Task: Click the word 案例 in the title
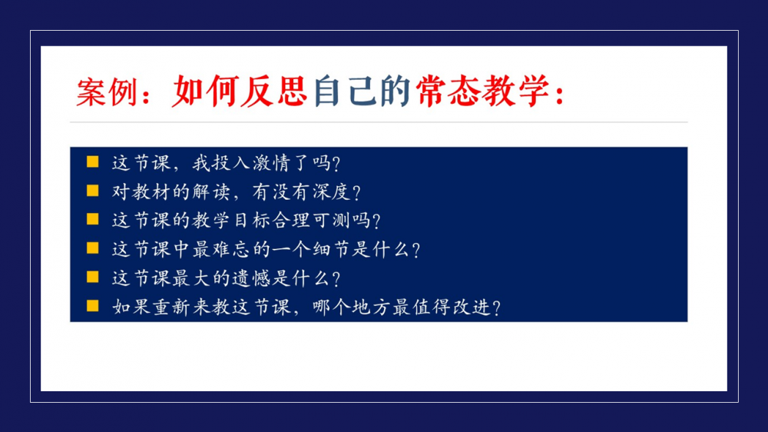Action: [107, 91]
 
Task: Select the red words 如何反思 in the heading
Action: [240, 91]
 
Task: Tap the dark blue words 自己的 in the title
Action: [362, 91]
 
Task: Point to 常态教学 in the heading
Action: [482, 91]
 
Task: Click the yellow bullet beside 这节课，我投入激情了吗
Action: [93, 162]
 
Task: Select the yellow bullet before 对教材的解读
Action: [93, 191]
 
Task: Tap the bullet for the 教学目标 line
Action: [93, 219]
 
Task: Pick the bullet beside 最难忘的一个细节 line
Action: [93, 248]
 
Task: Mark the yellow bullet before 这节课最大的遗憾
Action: [93, 277]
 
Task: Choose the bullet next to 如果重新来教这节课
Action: [93, 306]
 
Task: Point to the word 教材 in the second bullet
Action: [151, 191]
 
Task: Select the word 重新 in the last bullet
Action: [171, 307]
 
